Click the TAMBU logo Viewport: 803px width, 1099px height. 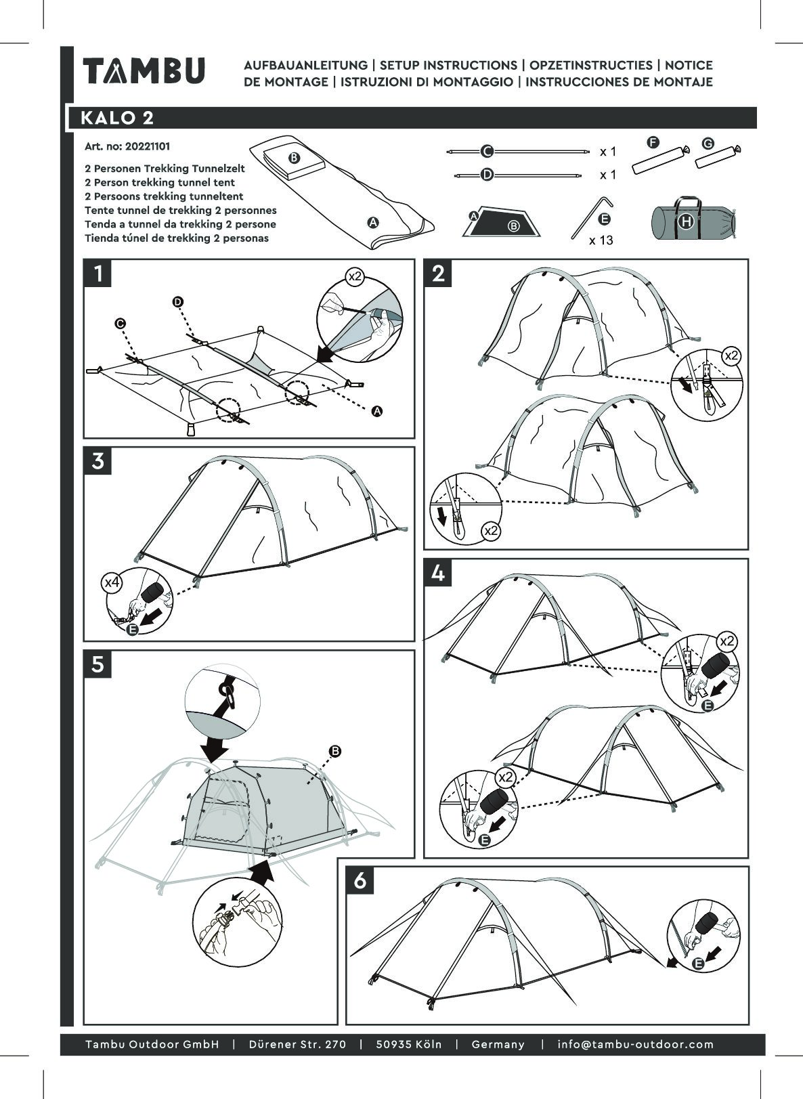click(x=144, y=71)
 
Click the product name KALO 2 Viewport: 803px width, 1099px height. click(x=117, y=118)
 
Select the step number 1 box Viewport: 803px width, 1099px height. click(x=99, y=274)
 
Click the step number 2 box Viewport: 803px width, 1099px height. click(x=439, y=274)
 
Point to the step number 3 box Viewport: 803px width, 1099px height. click(x=99, y=461)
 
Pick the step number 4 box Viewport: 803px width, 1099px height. click(x=439, y=574)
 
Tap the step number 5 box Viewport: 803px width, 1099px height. click(x=99, y=664)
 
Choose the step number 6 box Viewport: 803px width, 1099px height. click(x=360, y=881)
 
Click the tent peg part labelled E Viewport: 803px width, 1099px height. click(x=590, y=216)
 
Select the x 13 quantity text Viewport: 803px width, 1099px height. click(x=601, y=240)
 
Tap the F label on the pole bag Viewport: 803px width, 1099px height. click(x=653, y=142)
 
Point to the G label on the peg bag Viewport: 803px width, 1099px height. click(x=708, y=144)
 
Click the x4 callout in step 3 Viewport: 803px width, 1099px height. click(x=112, y=581)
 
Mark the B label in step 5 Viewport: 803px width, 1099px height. click(x=334, y=751)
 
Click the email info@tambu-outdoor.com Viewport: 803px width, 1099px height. click(x=635, y=1044)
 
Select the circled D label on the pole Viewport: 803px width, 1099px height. click(x=487, y=175)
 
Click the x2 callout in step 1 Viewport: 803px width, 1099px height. click(x=355, y=276)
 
